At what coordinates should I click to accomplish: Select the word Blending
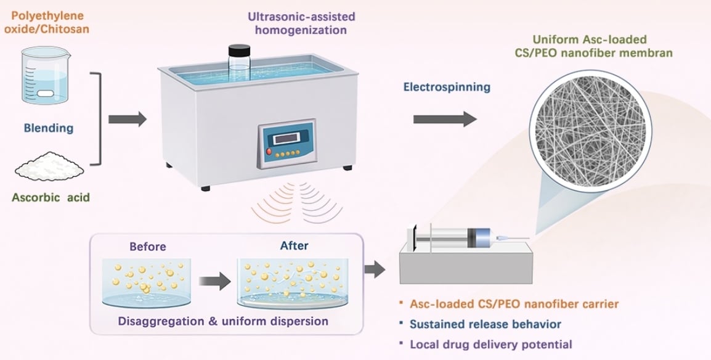click(48, 128)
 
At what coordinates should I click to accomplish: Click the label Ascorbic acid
click(51, 198)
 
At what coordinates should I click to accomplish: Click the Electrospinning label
click(447, 87)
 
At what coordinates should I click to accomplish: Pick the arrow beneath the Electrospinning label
click(444, 119)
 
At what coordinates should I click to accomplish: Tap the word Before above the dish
click(147, 247)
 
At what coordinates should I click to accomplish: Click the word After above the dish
click(294, 245)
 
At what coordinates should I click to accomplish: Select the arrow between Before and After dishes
click(213, 282)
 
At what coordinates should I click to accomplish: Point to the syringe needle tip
click(528, 239)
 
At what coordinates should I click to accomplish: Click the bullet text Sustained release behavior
click(486, 324)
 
